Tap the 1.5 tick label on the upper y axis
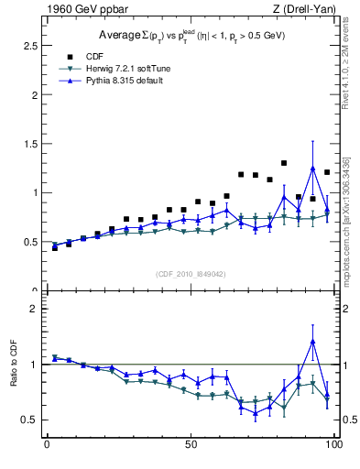[30, 143]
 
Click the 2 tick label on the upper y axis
[34, 94]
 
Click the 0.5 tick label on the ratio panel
[30, 420]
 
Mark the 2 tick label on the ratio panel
[34, 309]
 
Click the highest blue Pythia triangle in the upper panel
[312, 169]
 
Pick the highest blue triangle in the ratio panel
[312, 342]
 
